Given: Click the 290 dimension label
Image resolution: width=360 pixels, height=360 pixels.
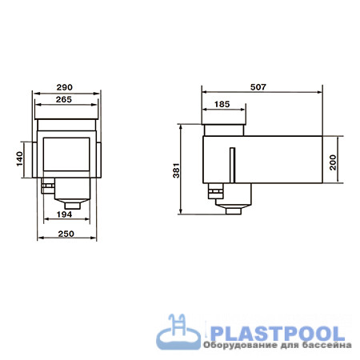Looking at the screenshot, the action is click(65, 87).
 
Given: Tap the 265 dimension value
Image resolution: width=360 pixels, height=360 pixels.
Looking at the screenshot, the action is click(64, 99).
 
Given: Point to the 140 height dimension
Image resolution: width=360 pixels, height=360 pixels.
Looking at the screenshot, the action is click(20, 159).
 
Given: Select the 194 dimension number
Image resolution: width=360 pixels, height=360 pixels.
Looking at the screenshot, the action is click(65, 214).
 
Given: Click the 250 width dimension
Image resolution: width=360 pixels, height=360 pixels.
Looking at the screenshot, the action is click(66, 234).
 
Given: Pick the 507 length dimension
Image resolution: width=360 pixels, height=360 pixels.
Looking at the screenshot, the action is click(258, 87).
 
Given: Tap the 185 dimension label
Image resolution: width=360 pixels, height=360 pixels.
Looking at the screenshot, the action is click(222, 104).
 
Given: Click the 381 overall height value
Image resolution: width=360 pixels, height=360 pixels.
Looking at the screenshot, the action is click(176, 170).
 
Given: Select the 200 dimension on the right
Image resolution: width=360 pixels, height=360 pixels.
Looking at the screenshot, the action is click(333, 162).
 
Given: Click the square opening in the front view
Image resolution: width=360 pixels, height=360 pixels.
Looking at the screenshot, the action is click(66, 154).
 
